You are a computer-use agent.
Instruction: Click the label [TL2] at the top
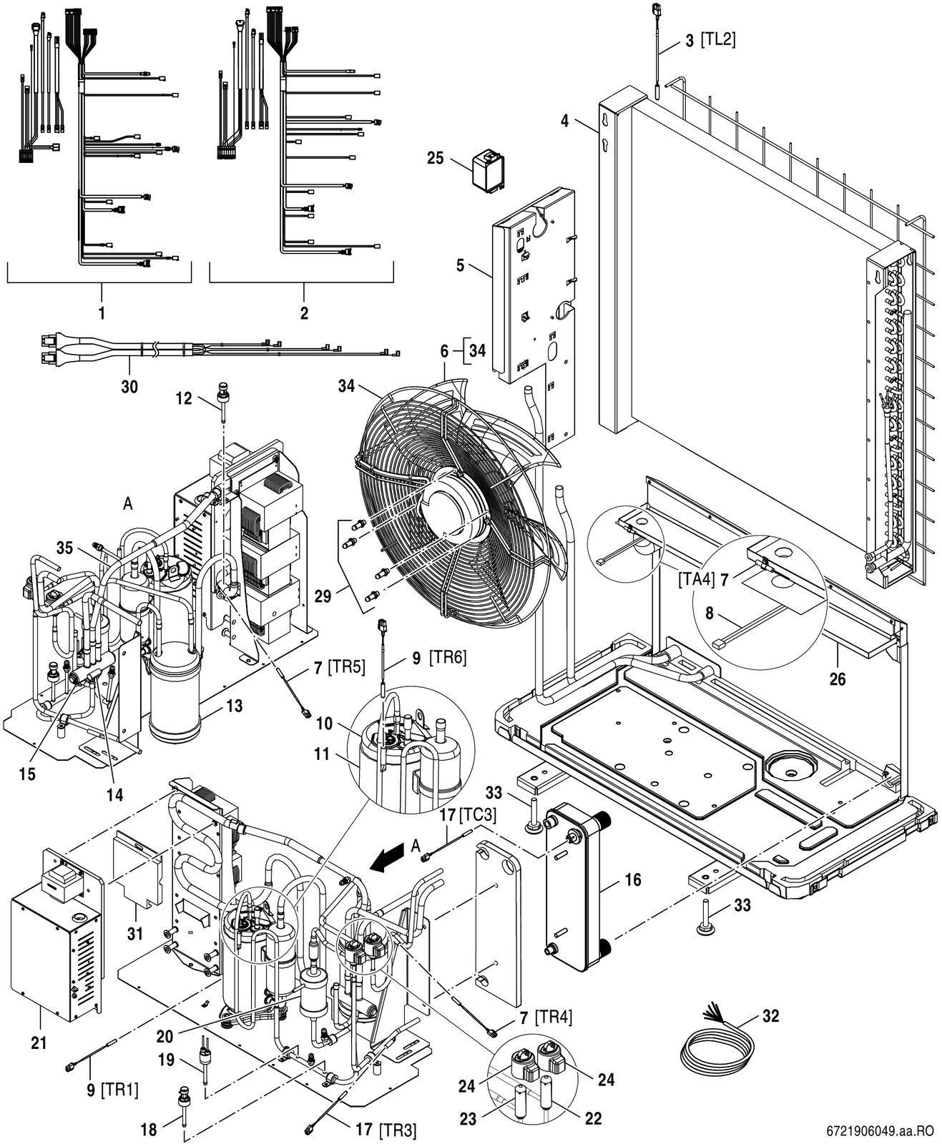718,39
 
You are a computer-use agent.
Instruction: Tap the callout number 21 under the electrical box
39,1042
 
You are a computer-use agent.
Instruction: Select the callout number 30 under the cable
129,387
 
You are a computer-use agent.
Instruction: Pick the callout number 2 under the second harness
304,313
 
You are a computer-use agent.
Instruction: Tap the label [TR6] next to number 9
448,657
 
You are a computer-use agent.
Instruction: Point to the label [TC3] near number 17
478,814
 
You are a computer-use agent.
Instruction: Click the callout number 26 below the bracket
838,679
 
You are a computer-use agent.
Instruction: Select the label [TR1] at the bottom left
119,1090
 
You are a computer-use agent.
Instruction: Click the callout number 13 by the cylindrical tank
235,706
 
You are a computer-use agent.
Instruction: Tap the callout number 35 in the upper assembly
64,548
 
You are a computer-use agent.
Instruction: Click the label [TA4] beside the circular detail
696,579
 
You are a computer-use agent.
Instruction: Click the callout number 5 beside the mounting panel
460,266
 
